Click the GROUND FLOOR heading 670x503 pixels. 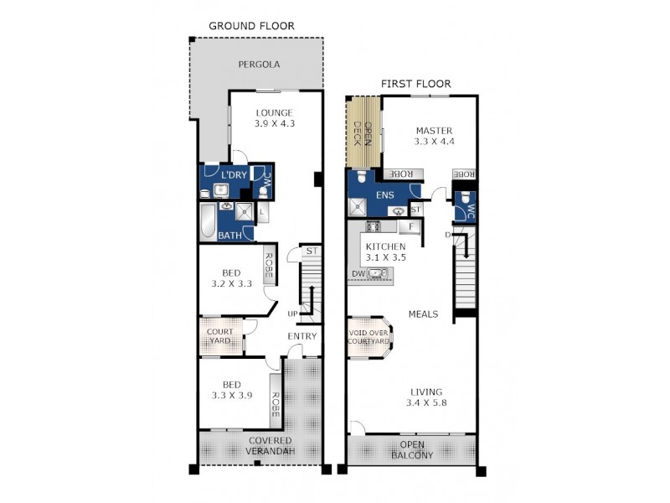coord(252,26)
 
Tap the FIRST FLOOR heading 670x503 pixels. coord(415,84)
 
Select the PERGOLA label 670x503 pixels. coord(258,65)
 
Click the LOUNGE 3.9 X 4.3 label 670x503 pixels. coord(275,117)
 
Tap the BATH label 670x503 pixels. coord(230,236)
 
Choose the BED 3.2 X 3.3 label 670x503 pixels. coord(232,278)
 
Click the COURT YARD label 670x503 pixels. coord(220,336)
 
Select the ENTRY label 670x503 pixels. coord(302,337)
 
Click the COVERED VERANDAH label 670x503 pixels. coord(271,447)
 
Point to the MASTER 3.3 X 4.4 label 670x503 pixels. coord(433,137)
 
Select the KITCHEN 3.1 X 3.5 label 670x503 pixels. coord(385,251)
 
